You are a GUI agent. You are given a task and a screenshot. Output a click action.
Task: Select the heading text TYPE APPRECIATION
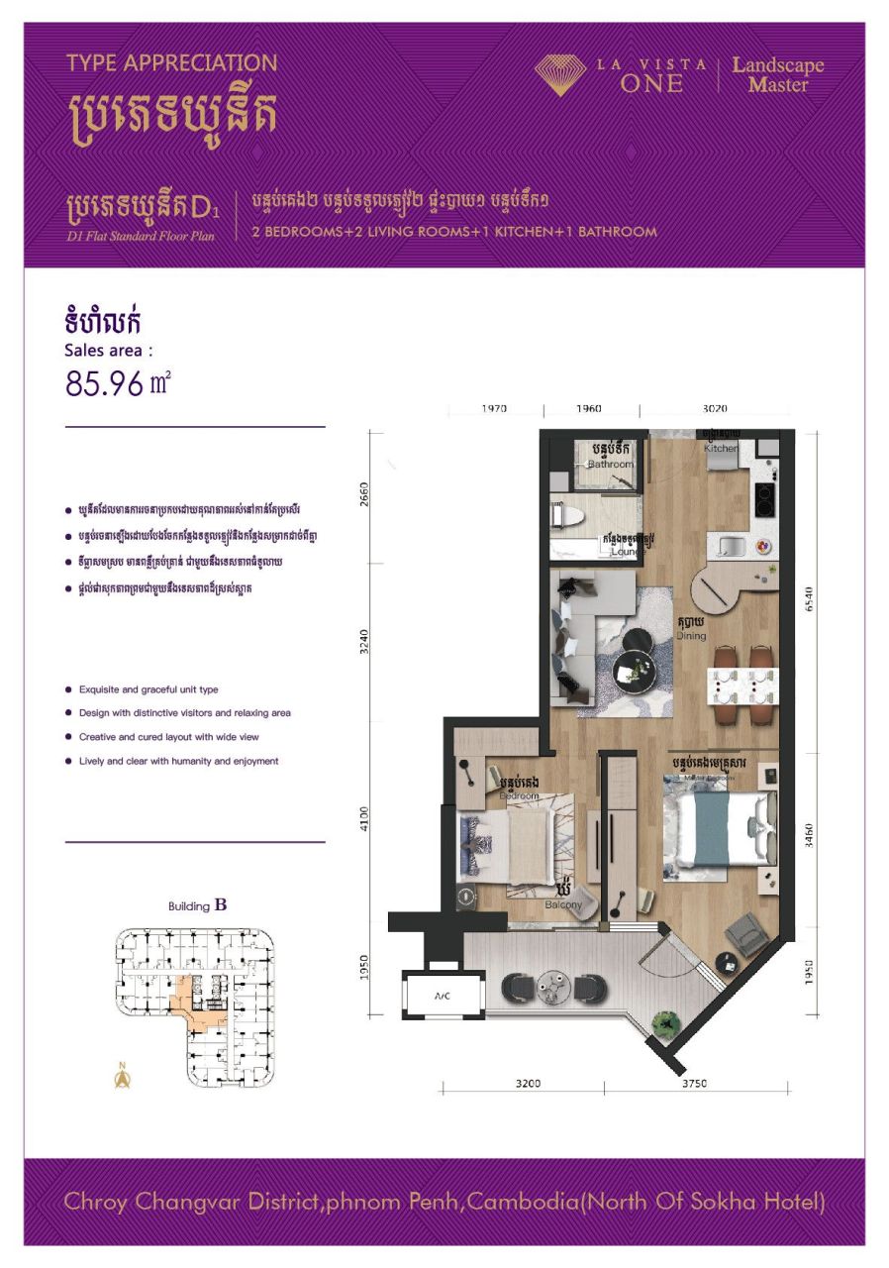[171, 63]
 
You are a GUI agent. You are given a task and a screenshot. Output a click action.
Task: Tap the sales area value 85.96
[105, 382]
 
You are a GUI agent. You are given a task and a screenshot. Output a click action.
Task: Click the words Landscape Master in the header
[777, 75]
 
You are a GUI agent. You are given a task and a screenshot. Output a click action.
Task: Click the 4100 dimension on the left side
[364, 817]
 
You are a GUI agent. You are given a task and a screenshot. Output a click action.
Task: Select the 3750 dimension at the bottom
[694, 1084]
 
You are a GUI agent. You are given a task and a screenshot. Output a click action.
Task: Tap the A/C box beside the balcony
[443, 996]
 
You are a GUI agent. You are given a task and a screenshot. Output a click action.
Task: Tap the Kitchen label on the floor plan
[721, 449]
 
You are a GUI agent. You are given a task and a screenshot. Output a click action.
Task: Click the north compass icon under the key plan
[123, 1077]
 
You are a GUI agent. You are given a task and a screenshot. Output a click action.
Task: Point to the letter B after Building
[221, 904]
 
